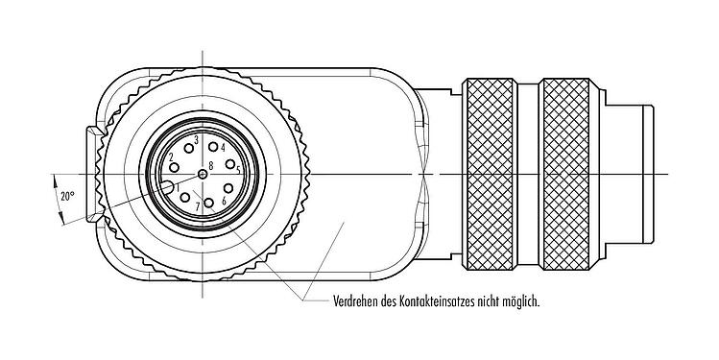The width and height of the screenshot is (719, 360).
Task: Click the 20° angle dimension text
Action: click(67, 196)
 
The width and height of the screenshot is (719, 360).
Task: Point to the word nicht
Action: click(500, 300)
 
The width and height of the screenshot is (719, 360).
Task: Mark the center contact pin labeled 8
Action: click(203, 175)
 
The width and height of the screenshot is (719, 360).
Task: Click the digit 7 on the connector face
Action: click(197, 206)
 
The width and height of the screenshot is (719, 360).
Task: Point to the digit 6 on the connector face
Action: click(224, 202)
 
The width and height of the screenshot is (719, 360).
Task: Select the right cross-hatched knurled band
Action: click(570, 173)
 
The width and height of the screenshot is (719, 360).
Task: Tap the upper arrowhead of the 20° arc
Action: click(55, 180)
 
